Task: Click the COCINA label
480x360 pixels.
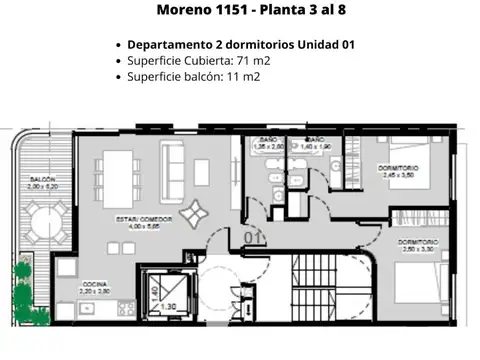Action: pyautogui.click(x=95, y=284)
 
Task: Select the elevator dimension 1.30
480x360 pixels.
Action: pyautogui.click(x=168, y=307)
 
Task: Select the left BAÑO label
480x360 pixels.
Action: pyautogui.click(x=265, y=140)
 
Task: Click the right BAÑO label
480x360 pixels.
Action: pyautogui.click(x=314, y=140)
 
